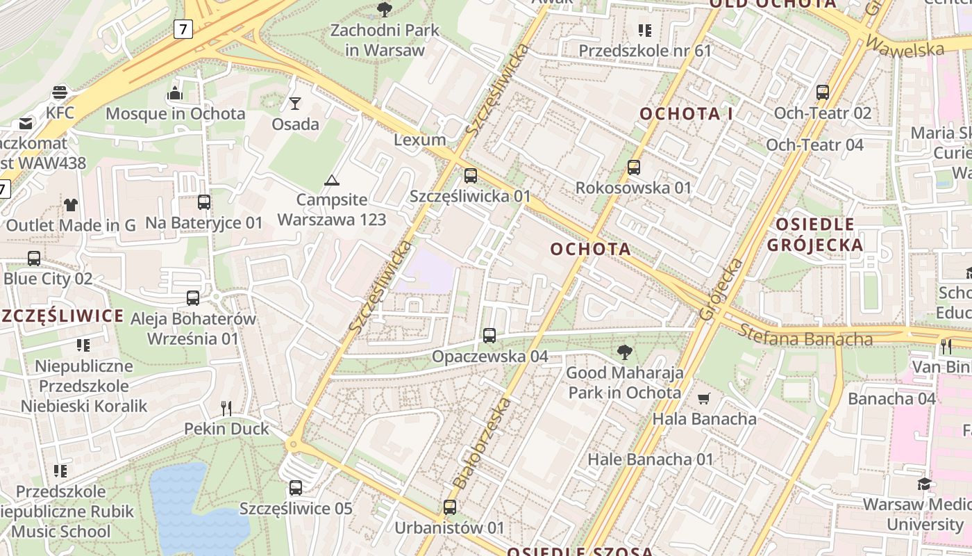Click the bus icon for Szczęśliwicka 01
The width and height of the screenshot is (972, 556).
[x=471, y=175]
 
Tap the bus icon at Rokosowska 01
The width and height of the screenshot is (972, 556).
[x=633, y=167]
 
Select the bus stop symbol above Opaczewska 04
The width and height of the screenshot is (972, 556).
[x=489, y=336]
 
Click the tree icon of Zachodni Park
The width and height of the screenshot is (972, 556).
[x=384, y=10]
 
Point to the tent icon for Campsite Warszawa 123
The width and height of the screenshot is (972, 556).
[x=331, y=181]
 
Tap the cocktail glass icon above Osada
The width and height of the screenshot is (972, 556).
[x=295, y=104]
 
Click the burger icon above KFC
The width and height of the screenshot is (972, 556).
[x=60, y=92]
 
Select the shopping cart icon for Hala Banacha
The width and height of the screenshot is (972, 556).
[x=704, y=398]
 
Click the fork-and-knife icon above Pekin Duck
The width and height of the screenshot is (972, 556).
[x=226, y=408]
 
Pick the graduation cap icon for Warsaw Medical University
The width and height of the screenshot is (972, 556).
[x=924, y=484]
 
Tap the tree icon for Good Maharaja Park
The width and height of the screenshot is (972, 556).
[x=624, y=352]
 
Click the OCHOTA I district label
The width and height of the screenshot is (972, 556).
[x=686, y=114]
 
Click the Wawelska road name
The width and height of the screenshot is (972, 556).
[x=905, y=47]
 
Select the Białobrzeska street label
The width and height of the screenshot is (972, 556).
[x=482, y=443]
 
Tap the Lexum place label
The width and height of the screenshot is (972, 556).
[x=419, y=140]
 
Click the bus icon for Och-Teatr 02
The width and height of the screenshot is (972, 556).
[x=823, y=92]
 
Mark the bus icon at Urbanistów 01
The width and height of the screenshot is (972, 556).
[x=450, y=507]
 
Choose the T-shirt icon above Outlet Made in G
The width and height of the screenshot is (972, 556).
[x=71, y=205]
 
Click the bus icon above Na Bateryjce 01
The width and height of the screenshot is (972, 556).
[x=204, y=202]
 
